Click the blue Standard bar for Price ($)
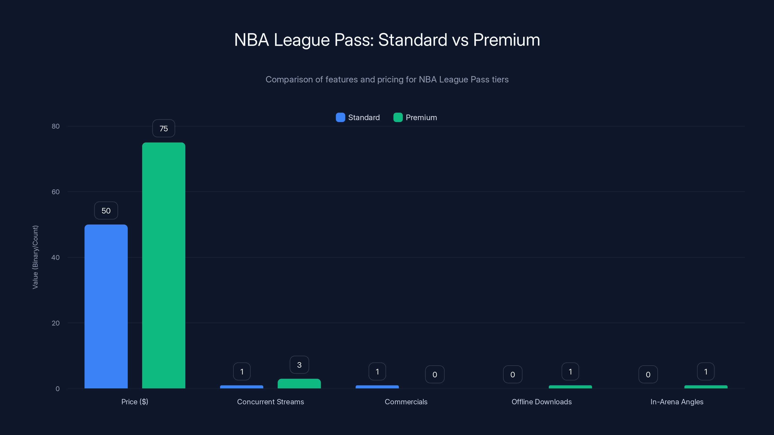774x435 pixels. click(x=106, y=306)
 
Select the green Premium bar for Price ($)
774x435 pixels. click(x=164, y=265)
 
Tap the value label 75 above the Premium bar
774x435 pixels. click(x=164, y=129)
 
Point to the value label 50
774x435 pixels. click(x=106, y=211)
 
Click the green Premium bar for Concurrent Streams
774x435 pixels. click(x=299, y=384)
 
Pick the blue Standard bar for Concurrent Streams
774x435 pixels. click(x=242, y=387)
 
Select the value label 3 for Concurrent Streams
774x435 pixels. click(x=299, y=365)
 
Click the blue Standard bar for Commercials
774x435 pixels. click(x=377, y=387)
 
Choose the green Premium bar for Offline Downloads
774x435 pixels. click(x=570, y=387)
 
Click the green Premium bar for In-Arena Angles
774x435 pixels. click(x=706, y=387)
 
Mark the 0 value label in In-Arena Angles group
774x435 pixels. click(x=648, y=374)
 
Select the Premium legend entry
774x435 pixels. click(x=415, y=117)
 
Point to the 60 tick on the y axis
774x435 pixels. click(x=56, y=192)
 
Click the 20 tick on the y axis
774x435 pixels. click(x=56, y=323)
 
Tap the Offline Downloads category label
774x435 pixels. click(x=542, y=402)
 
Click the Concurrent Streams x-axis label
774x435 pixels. click(x=270, y=402)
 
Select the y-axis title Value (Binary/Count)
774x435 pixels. click(x=35, y=257)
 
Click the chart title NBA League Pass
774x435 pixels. click(x=387, y=40)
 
